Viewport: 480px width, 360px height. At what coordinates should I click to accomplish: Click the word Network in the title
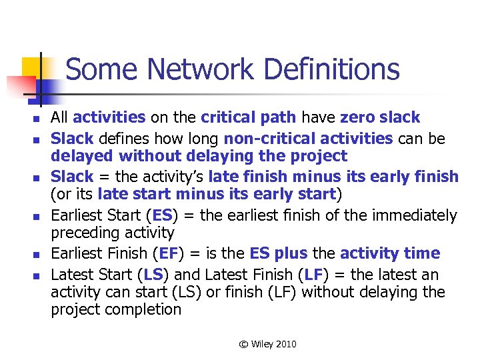tap(201, 70)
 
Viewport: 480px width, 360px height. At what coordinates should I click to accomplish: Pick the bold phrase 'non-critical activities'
tap(308, 138)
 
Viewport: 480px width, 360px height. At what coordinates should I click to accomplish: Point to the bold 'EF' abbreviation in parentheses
tap(163, 253)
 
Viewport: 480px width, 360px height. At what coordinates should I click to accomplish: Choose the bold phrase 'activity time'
tap(390, 253)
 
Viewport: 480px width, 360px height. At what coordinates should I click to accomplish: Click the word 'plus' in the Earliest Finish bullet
tap(289, 253)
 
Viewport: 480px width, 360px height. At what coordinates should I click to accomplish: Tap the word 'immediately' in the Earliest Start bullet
tap(415, 215)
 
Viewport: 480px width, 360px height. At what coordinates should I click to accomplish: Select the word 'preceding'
tap(83, 233)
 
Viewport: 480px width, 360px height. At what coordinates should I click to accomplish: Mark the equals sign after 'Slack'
tap(103, 177)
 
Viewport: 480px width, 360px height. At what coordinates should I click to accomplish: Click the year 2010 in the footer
tap(285, 344)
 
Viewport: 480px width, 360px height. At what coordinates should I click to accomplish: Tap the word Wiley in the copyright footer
tap(261, 344)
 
